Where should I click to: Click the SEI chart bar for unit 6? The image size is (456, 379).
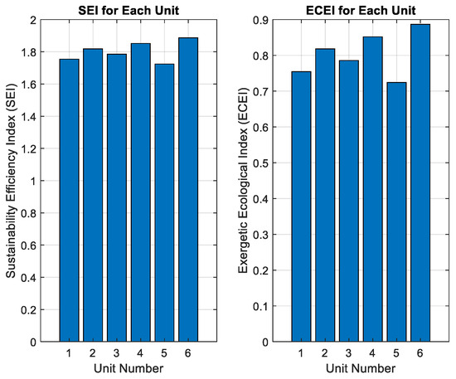(188, 189)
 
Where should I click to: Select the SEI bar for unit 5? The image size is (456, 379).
(164, 202)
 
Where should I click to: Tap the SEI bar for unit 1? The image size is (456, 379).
(69, 200)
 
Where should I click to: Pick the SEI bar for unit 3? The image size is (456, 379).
(117, 197)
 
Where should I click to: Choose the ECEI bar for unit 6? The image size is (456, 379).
(420, 183)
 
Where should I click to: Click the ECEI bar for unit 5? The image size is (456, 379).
(396, 212)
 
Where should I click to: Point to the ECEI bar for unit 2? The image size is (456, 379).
(325, 195)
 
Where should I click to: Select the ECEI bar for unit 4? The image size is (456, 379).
(372, 189)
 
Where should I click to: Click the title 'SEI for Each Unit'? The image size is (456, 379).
(129, 11)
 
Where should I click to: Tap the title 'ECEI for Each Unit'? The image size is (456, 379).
(361, 11)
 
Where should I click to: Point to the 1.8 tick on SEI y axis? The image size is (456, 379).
(28, 52)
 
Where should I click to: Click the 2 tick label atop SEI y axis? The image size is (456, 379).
(33, 20)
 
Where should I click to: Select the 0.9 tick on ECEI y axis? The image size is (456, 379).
(260, 20)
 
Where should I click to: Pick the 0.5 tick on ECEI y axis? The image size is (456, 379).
(260, 163)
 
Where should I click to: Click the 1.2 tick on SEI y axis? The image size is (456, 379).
(28, 149)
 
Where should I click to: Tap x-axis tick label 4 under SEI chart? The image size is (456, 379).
(140, 353)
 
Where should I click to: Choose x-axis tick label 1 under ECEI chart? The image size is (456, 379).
(301, 353)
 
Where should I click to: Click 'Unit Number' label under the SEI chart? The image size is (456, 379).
(129, 368)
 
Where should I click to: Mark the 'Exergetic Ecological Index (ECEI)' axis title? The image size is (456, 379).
(243, 180)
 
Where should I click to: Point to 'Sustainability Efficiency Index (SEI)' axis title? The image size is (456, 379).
(11, 180)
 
